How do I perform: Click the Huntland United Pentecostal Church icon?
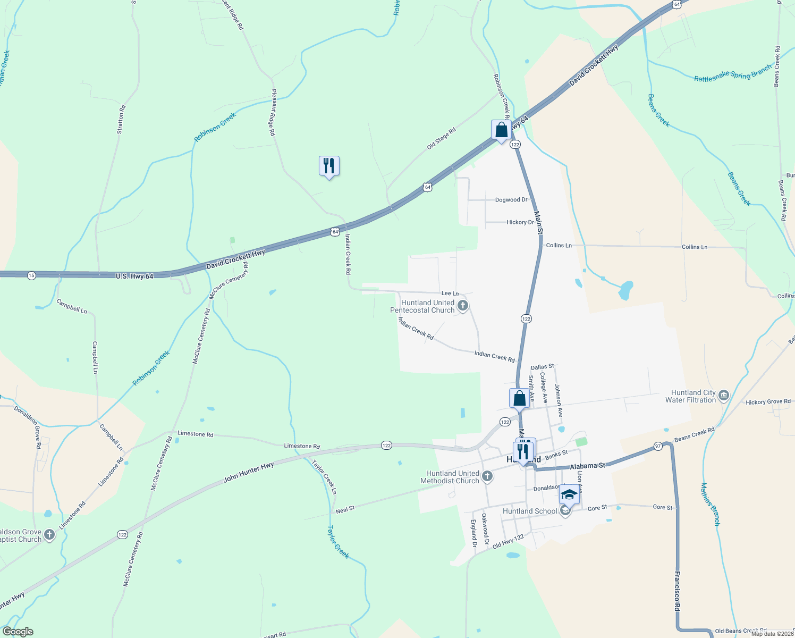(x=463, y=306)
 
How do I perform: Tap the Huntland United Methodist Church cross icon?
(x=487, y=476)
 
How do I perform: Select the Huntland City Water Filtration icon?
(x=723, y=396)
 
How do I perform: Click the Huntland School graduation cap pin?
(x=569, y=495)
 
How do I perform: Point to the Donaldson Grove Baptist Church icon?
(x=49, y=535)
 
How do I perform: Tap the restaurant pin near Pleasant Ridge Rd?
(x=329, y=166)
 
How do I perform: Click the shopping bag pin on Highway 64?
(x=501, y=130)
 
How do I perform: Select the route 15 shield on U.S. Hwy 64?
(x=31, y=275)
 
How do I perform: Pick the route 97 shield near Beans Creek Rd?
(x=658, y=446)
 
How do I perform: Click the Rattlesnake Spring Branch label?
(x=732, y=75)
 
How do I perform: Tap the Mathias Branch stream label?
(x=710, y=504)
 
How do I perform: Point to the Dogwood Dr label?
(x=511, y=200)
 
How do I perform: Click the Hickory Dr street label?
(x=520, y=222)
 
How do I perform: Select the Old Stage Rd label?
(x=442, y=138)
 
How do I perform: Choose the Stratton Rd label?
(x=121, y=119)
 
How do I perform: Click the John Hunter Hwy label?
(x=249, y=472)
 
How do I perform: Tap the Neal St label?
(x=345, y=509)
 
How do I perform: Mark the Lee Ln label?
(x=450, y=293)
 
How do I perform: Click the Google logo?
(x=18, y=632)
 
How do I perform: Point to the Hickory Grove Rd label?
(x=768, y=402)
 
